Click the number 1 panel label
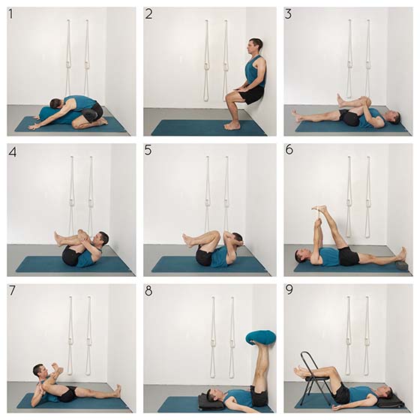(10, 14)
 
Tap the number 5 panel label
(148, 151)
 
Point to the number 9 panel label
(289, 289)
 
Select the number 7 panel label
(12, 291)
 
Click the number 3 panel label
(288, 14)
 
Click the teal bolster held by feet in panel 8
(261, 338)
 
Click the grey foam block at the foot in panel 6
(403, 266)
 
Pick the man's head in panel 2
(254, 46)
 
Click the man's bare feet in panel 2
(232, 126)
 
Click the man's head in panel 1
(57, 104)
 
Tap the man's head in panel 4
(100, 239)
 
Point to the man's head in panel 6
(301, 256)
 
